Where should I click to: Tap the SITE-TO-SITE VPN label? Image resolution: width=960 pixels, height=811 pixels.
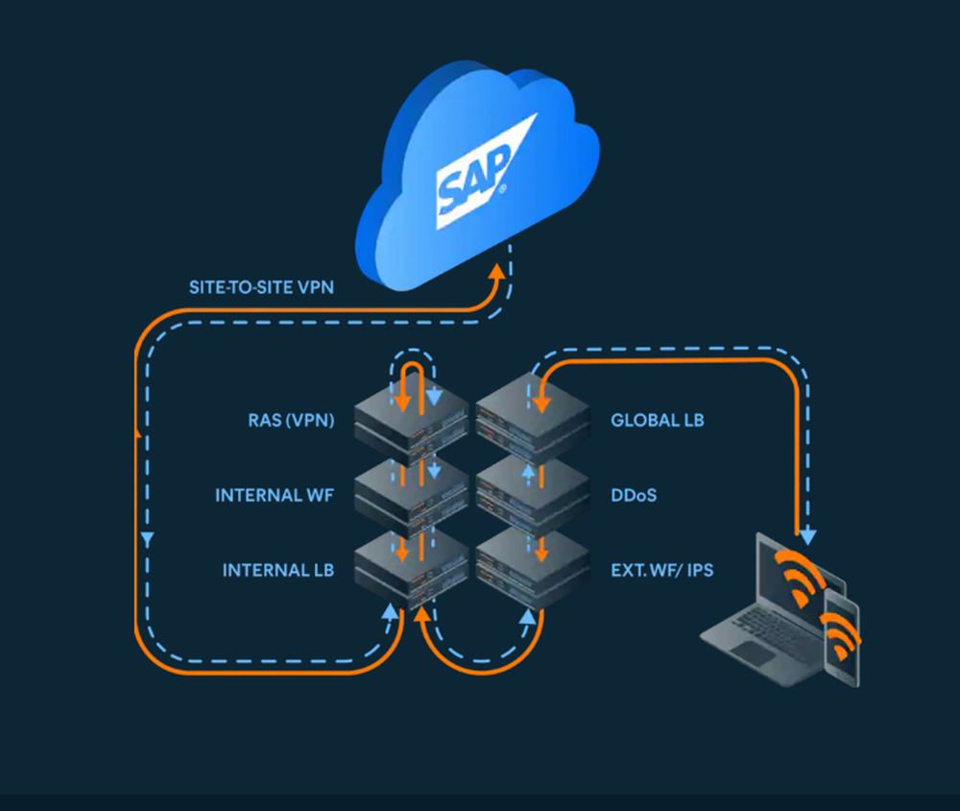pyautogui.click(x=261, y=286)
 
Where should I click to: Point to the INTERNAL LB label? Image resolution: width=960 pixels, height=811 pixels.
pyautogui.click(x=278, y=570)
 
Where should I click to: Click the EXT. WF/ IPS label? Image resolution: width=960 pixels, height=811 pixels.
pyautogui.click(x=662, y=570)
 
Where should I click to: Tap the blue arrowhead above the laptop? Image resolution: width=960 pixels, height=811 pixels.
pyautogui.click(x=808, y=533)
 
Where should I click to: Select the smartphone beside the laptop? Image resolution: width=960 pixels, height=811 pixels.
pyautogui.click(x=842, y=639)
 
